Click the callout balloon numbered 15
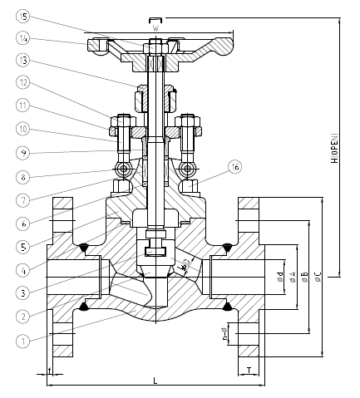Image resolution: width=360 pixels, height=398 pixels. (23, 16)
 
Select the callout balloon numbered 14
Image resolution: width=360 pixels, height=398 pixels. (23, 38)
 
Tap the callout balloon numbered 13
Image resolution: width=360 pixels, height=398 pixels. (23, 60)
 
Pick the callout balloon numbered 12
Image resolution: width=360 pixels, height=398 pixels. (23, 82)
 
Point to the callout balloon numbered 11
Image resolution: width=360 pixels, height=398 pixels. (23, 106)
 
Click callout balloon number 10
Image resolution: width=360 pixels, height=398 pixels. (23, 129)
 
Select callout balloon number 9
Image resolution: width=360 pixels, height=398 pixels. (23, 152)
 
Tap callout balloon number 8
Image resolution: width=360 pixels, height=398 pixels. (23, 176)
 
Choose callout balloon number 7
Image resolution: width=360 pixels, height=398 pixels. (23, 199)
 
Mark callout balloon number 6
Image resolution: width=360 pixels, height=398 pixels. (23, 223)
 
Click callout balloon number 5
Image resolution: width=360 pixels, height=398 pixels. (23, 246)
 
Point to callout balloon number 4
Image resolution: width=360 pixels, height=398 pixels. (23, 269)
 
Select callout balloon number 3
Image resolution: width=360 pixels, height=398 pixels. (23, 292)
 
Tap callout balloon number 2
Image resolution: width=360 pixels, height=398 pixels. (23, 316)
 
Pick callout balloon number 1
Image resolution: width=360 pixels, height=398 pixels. (23, 339)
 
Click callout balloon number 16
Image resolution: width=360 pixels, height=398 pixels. (235, 167)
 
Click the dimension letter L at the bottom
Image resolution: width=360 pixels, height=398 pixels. (155, 381)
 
